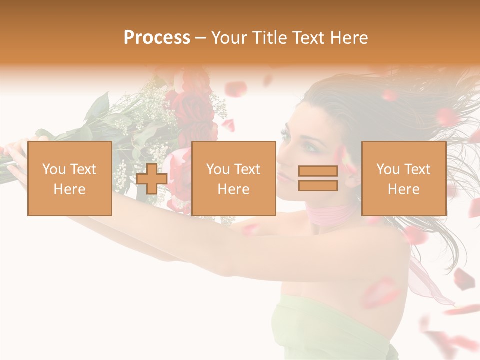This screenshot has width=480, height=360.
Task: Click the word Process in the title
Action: coord(157,38)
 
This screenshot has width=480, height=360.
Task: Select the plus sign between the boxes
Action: coord(152,179)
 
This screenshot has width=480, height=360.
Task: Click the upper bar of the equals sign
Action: coord(318,171)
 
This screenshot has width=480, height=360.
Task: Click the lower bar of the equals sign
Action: coord(318,185)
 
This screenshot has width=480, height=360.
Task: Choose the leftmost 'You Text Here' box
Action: coord(70,178)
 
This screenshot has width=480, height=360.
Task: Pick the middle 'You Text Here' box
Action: coord(234,178)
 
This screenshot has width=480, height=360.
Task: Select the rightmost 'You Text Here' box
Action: coord(404,178)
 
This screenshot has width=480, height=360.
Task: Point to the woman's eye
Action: coord(310,146)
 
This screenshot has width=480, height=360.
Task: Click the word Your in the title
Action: coord(229,38)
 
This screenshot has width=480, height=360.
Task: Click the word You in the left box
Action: coord(53,169)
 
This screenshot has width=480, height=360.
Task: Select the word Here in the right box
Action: coord(404,189)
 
